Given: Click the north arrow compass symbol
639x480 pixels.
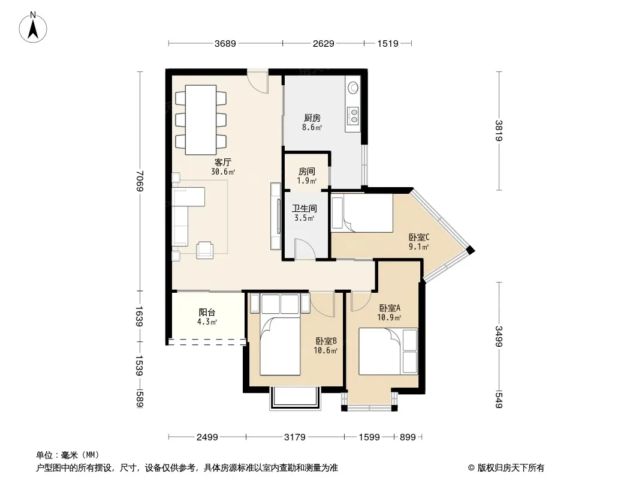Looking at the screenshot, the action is pos(33,28).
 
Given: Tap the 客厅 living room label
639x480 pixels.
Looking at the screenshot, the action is pos(223,163).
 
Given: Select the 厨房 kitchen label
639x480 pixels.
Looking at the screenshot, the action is pos(312,118).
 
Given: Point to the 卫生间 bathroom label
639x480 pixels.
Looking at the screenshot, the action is pos(305,208).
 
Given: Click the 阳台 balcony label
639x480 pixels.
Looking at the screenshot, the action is pos(207,313).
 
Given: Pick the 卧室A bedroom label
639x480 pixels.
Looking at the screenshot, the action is pos(390,308).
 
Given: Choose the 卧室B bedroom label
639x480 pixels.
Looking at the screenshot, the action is pos(326,341).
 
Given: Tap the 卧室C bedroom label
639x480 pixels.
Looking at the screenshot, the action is pos(419,237).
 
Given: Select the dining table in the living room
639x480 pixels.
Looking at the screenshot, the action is pos(200,120).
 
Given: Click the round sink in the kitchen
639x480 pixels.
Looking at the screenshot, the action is pos(353,87).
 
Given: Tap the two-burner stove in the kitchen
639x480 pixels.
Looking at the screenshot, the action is pos(353,115).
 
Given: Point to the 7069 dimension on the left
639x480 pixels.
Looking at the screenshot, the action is pos(140,181).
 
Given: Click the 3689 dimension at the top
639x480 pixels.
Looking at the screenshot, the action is pos(225,43).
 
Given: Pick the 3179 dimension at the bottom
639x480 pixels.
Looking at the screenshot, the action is pos(295,437).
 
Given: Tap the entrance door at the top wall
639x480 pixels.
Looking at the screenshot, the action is pos(258,82).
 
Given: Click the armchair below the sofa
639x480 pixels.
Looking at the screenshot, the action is pos(204,250).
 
